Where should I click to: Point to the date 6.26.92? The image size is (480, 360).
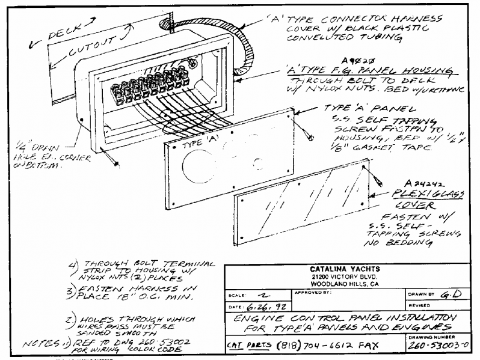click(261, 307)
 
